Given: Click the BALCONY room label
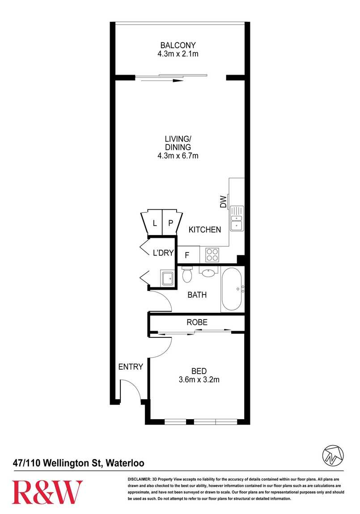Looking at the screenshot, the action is tap(178, 45).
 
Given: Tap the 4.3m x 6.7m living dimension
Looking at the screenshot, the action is tap(178, 156).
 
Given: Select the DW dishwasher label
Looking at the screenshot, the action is tap(223, 202).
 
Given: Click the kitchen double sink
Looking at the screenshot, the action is tap(237, 218).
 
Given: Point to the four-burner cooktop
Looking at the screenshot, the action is tap(212, 255).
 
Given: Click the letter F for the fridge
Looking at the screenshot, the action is tap(187, 255).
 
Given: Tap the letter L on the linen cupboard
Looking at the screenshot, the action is tap(155, 223).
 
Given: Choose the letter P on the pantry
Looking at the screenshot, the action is tap(170, 223).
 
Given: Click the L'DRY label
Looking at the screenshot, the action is tap(163, 253).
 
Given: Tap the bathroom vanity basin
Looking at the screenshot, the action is tap(208, 272).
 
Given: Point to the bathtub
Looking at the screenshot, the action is tap(233, 290).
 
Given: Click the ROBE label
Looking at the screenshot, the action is tap(197, 322).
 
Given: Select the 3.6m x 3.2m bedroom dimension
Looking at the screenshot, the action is tap(199, 379).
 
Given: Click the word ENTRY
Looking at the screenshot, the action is tap(131, 367).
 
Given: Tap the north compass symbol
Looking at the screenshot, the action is tap(333, 455).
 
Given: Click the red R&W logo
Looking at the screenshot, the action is tap(47, 492).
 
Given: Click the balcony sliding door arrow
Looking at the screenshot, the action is tap(159, 80).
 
